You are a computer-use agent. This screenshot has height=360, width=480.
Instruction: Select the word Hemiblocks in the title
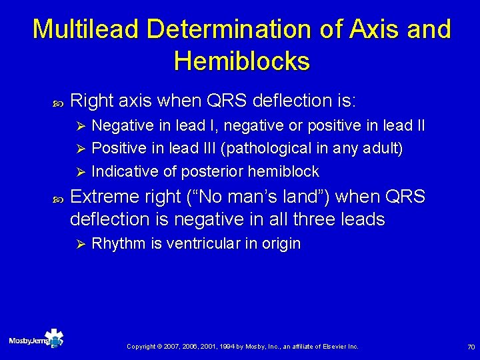click(x=241, y=61)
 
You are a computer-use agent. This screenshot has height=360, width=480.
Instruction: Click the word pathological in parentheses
click(x=265, y=149)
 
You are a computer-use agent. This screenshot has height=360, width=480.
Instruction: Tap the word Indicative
click(x=125, y=171)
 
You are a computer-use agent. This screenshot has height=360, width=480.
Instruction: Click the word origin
click(x=281, y=244)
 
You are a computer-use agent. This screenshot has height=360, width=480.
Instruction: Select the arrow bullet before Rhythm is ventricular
click(x=79, y=244)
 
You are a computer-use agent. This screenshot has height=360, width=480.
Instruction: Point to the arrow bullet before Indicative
click(x=79, y=171)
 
